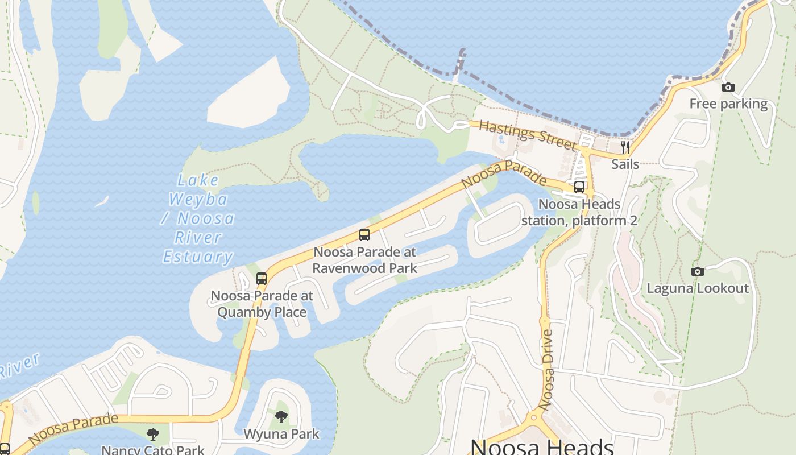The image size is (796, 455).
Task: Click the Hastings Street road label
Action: coord(527,135)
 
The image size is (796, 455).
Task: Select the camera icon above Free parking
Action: coord(728,88)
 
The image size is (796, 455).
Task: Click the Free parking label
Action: coord(728,104)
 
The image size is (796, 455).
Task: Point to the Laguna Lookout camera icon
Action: coord(698,271)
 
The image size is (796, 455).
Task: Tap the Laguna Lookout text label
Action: coord(698,288)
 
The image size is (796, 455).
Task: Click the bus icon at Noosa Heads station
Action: coord(579,187)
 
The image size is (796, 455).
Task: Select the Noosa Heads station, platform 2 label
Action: coord(579,212)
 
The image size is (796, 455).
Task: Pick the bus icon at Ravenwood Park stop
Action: coord(364,235)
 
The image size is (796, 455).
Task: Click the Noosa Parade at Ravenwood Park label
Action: coord(365,260)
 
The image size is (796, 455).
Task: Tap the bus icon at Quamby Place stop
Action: coord(262,279)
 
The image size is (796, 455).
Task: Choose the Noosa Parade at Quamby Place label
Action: coord(262,304)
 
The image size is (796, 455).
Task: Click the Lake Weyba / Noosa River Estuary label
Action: coord(198,219)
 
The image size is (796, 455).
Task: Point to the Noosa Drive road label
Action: coord(546,370)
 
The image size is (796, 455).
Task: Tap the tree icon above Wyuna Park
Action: coord(281,417)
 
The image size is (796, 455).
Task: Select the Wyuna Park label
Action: coord(281,434)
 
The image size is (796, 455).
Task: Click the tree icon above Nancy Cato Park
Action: coord(152,435)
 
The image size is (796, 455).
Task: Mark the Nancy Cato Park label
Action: coord(152,450)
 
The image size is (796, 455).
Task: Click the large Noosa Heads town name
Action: coord(542,447)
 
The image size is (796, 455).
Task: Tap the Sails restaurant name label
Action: coord(625,164)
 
